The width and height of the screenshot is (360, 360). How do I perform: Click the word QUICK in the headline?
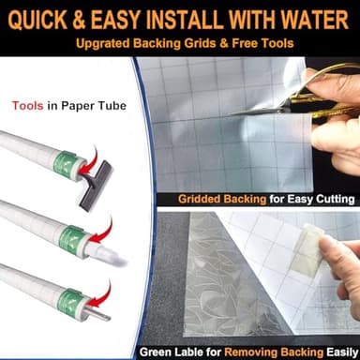[x=37, y=20]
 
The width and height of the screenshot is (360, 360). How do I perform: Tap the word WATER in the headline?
[x=315, y=20]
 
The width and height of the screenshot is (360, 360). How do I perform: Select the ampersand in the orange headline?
[x=79, y=20]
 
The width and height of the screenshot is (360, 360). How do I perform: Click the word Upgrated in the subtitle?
[x=103, y=43]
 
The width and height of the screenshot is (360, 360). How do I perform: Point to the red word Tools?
[x=27, y=106]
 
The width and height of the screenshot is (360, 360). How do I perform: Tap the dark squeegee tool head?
[x=95, y=186]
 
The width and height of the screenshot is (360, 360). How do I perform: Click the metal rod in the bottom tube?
[x=97, y=313]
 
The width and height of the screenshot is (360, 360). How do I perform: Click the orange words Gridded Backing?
[x=222, y=199]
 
